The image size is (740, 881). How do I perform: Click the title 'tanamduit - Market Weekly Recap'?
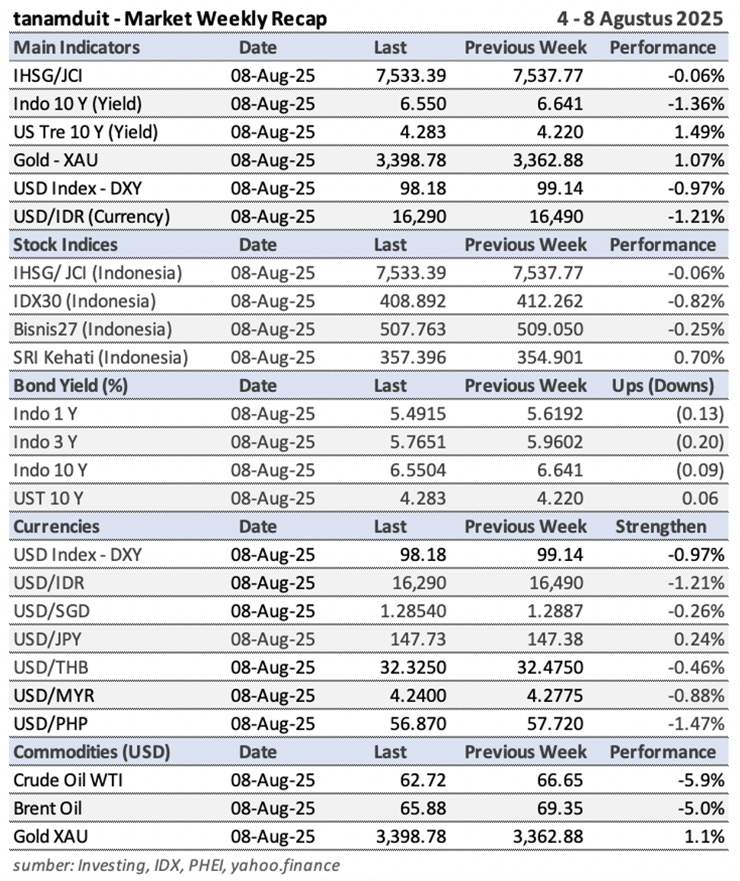pos(170,18)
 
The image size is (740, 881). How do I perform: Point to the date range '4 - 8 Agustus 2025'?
pos(640,18)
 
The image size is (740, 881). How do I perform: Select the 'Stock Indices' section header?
pos(65,244)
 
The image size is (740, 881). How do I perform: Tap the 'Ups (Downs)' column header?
pos(663,386)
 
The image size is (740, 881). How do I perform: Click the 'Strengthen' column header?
pos(660,527)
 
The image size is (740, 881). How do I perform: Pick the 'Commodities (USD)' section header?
pos(92,752)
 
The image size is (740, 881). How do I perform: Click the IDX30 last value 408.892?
pos(413,301)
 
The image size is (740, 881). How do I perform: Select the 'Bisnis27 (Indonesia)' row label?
pos(92,329)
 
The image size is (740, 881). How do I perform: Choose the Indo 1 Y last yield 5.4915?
pos(417,414)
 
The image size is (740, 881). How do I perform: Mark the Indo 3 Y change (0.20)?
pos(699,442)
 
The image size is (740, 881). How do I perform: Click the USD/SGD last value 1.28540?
pos(413,611)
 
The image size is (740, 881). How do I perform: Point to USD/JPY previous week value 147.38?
pos(555,639)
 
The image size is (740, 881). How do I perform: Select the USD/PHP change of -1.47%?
pos(696,723)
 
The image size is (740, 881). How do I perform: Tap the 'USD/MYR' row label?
pos(54,696)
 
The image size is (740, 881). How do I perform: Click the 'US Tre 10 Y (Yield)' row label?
pos(86,132)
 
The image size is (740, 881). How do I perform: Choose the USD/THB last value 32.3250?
pos(413,667)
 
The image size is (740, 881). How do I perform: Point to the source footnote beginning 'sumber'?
pos(176,865)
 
